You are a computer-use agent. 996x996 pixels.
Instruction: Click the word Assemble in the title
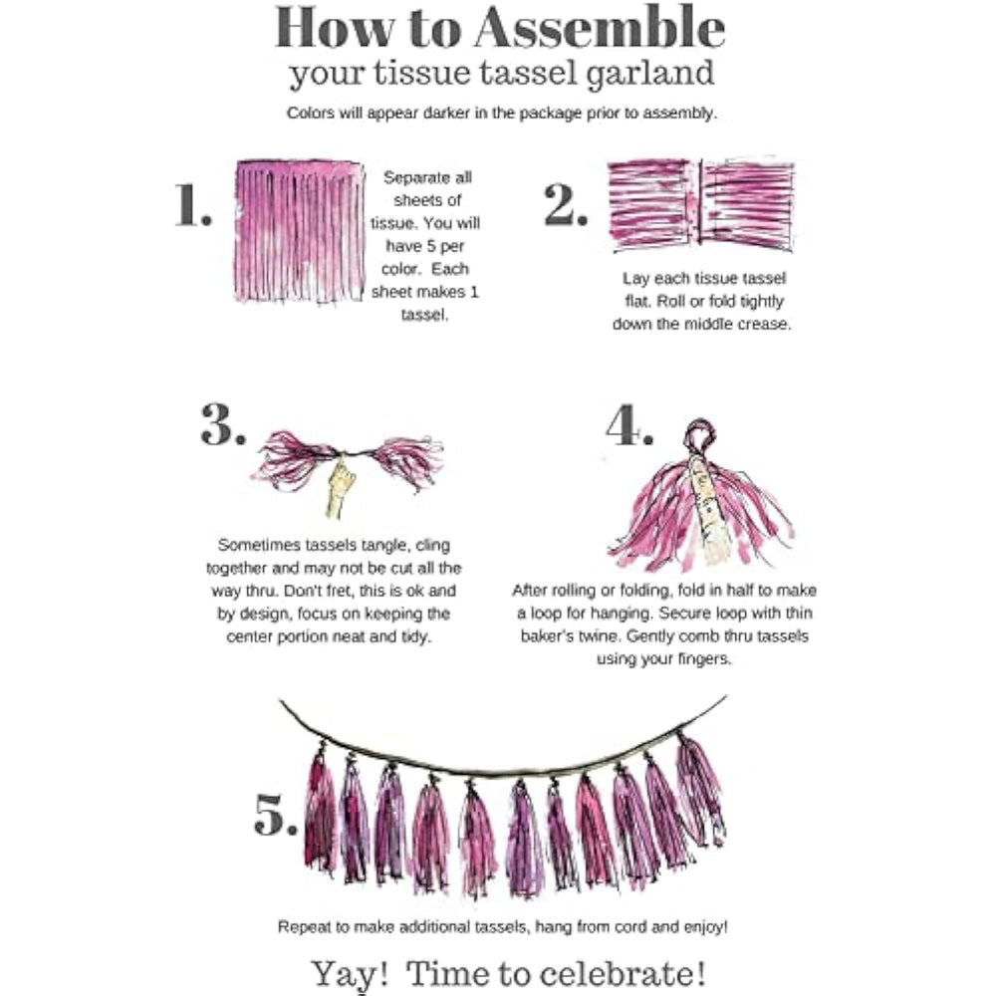pyautogui.click(x=599, y=27)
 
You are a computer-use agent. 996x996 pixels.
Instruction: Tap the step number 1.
pyautogui.click(x=193, y=204)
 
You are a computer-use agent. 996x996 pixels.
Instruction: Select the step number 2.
pyautogui.click(x=566, y=204)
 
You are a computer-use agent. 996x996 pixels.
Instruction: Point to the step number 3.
pyautogui.click(x=223, y=423)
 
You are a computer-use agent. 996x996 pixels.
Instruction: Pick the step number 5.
pyautogui.click(x=275, y=815)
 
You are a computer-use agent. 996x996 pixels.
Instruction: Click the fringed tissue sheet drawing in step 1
pyautogui.click(x=301, y=231)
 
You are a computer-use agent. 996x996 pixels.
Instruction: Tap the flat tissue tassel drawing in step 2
pyautogui.click(x=701, y=204)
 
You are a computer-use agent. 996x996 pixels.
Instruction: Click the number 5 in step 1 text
pyautogui.click(x=431, y=246)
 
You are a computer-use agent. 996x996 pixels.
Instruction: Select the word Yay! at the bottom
pyautogui.click(x=350, y=973)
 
